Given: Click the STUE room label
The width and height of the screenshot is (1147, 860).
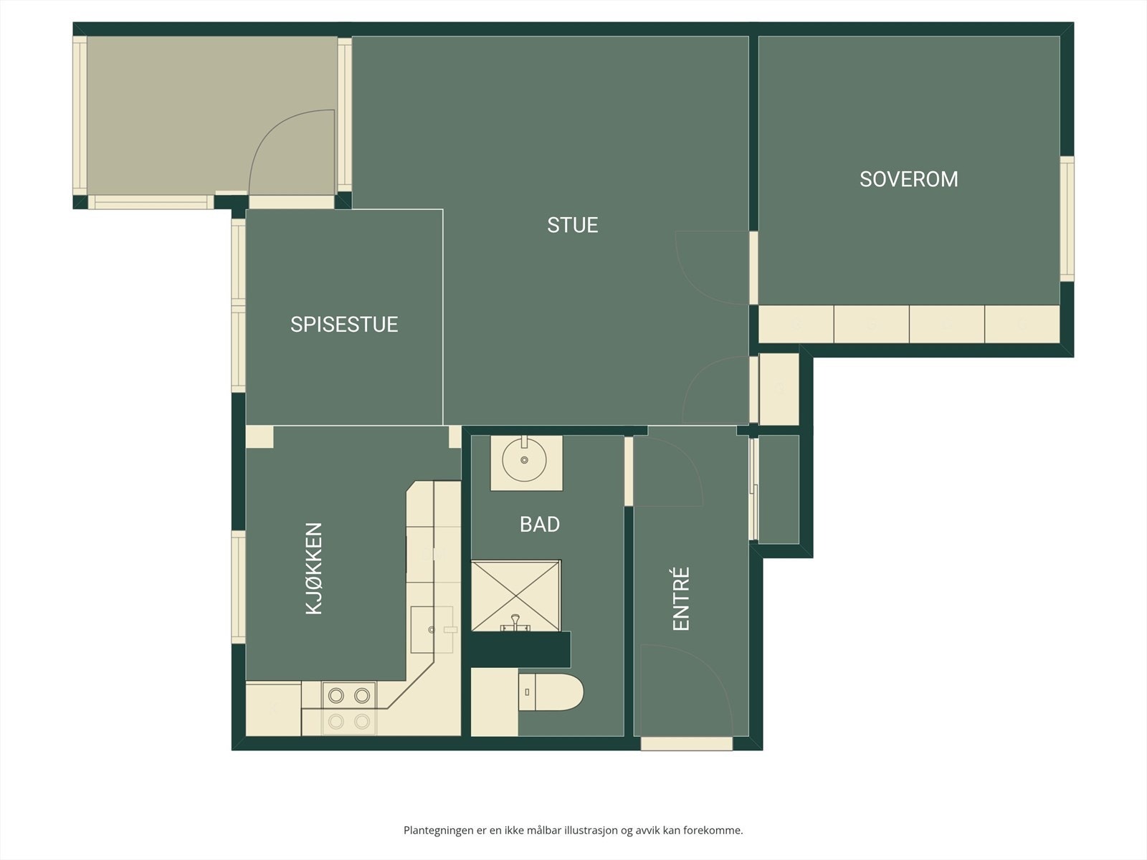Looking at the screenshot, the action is (572, 225).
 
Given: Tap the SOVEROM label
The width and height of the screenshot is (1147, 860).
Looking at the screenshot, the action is (909, 180).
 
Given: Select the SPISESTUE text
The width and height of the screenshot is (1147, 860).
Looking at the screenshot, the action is (344, 325).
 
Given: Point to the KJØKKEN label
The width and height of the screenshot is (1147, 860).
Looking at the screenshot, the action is (314, 568).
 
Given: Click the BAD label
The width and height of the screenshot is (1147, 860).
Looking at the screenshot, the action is (540, 525).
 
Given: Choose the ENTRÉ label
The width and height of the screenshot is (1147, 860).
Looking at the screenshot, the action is (682, 599).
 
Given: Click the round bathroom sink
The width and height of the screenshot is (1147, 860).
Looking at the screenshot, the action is (524, 460).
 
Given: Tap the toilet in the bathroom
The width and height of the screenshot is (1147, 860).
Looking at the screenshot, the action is (551, 692).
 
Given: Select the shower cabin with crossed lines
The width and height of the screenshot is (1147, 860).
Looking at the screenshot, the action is (515, 596).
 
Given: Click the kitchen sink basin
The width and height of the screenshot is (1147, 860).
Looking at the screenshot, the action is (432, 630).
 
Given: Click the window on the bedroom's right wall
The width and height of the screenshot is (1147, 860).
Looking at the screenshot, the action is (1067, 219).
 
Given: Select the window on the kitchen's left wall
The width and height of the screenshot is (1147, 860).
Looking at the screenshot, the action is (238, 588).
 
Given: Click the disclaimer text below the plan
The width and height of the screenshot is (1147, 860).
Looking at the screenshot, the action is (573, 830).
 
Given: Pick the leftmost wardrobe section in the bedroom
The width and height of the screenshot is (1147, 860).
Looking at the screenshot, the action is (796, 324).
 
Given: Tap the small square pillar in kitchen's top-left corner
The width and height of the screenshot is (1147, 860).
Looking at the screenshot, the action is (260, 437).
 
